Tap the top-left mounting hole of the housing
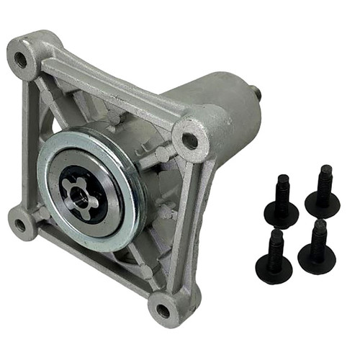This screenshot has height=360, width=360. pos(22,59)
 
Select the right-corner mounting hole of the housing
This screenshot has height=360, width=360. pos(191,140)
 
